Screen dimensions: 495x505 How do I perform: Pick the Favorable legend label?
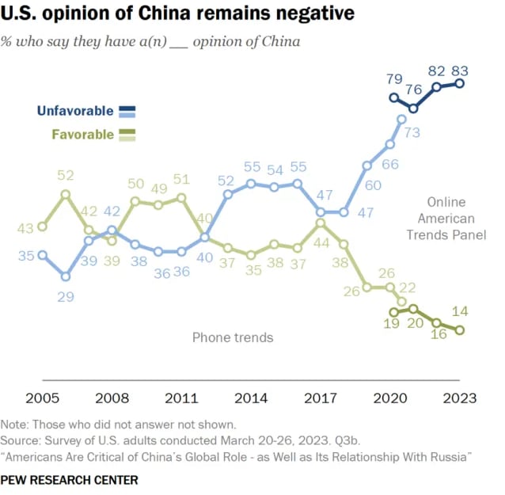[82, 134]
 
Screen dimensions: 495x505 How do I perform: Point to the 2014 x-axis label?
[250, 398]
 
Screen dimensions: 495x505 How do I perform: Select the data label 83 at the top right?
[461, 70]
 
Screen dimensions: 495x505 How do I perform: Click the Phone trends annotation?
[233, 337]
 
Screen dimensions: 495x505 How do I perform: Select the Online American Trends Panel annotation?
[440, 218]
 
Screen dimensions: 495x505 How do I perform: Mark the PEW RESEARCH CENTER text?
[69, 480]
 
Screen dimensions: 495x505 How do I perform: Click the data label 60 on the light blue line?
[373, 185]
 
